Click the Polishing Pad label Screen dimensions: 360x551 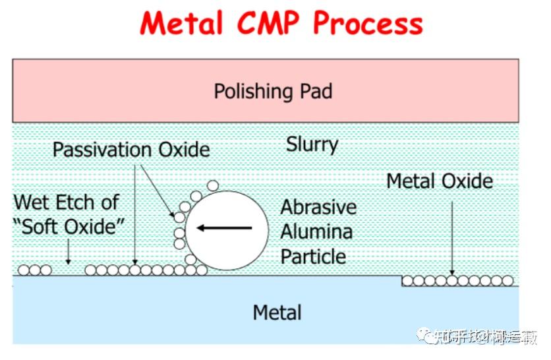272,91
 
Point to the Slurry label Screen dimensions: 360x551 312,144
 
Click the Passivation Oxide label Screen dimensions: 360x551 131,150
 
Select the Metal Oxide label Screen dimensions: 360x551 439,181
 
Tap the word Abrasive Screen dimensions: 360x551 318,207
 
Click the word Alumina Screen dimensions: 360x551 316,231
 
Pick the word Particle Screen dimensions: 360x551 313,256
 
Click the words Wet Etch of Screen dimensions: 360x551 66,202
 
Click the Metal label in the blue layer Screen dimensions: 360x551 277,313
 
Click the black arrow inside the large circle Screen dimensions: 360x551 225,228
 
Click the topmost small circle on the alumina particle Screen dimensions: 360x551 212,186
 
